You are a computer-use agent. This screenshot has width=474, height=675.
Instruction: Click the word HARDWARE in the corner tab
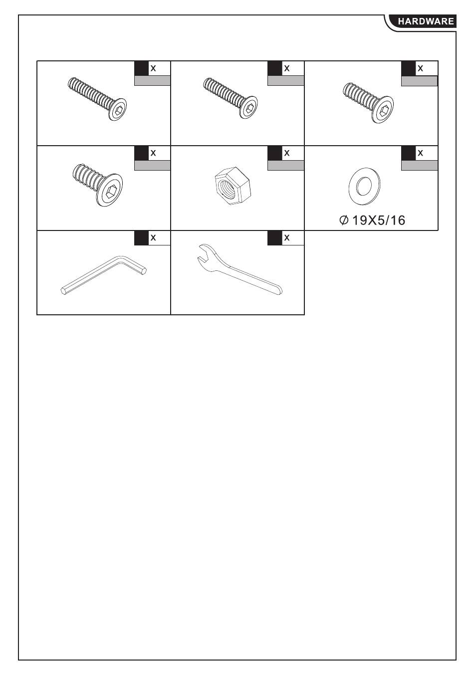(x=426, y=21)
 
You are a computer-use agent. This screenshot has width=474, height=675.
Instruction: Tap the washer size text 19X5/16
(x=379, y=221)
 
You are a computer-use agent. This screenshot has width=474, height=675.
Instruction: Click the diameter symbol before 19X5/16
(x=343, y=221)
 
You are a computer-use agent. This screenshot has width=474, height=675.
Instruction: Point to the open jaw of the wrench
(x=203, y=253)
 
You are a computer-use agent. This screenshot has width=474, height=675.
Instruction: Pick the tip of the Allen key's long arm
(x=63, y=291)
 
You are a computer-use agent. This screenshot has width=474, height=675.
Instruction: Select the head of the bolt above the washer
(x=382, y=110)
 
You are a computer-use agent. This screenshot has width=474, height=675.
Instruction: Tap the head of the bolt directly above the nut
(x=248, y=107)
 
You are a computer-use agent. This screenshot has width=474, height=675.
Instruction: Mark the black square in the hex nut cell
(x=275, y=153)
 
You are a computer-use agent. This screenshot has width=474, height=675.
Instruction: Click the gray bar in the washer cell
(x=420, y=166)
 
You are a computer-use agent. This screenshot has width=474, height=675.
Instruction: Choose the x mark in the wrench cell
(x=286, y=238)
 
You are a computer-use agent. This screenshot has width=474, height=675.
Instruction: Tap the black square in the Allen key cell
(x=141, y=238)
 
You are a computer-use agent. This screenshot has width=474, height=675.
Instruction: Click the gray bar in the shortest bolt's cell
(x=153, y=166)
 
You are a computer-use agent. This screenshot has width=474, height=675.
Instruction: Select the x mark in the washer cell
(x=420, y=153)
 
